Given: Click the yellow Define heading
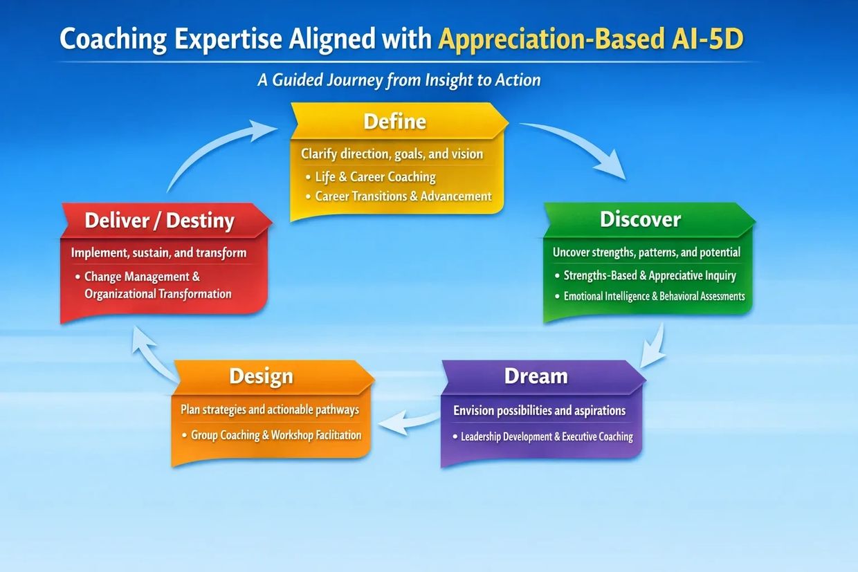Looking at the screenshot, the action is click(x=394, y=121).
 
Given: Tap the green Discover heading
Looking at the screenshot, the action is click(x=640, y=219).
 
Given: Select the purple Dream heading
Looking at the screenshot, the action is click(x=536, y=376).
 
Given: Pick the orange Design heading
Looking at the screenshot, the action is click(x=262, y=376).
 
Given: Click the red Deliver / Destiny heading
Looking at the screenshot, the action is click(x=159, y=221).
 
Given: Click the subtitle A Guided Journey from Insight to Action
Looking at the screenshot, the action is click(x=399, y=80).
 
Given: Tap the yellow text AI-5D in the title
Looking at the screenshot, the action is click(x=707, y=39).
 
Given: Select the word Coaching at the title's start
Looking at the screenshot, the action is click(x=113, y=39).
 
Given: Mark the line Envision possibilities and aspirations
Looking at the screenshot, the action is click(x=539, y=411).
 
